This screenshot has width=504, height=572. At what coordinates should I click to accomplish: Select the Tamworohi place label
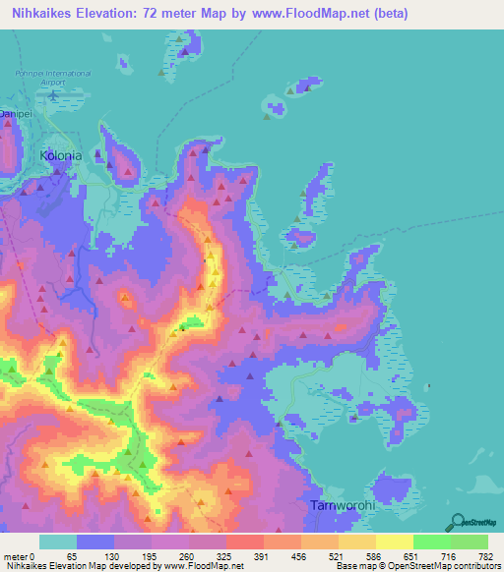click(x=340, y=505)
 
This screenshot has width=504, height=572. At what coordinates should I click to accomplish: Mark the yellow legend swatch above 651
click(x=394, y=542)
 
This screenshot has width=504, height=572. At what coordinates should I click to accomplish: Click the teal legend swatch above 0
click(x=58, y=542)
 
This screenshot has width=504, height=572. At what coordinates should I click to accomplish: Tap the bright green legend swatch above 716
click(x=431, y=542)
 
